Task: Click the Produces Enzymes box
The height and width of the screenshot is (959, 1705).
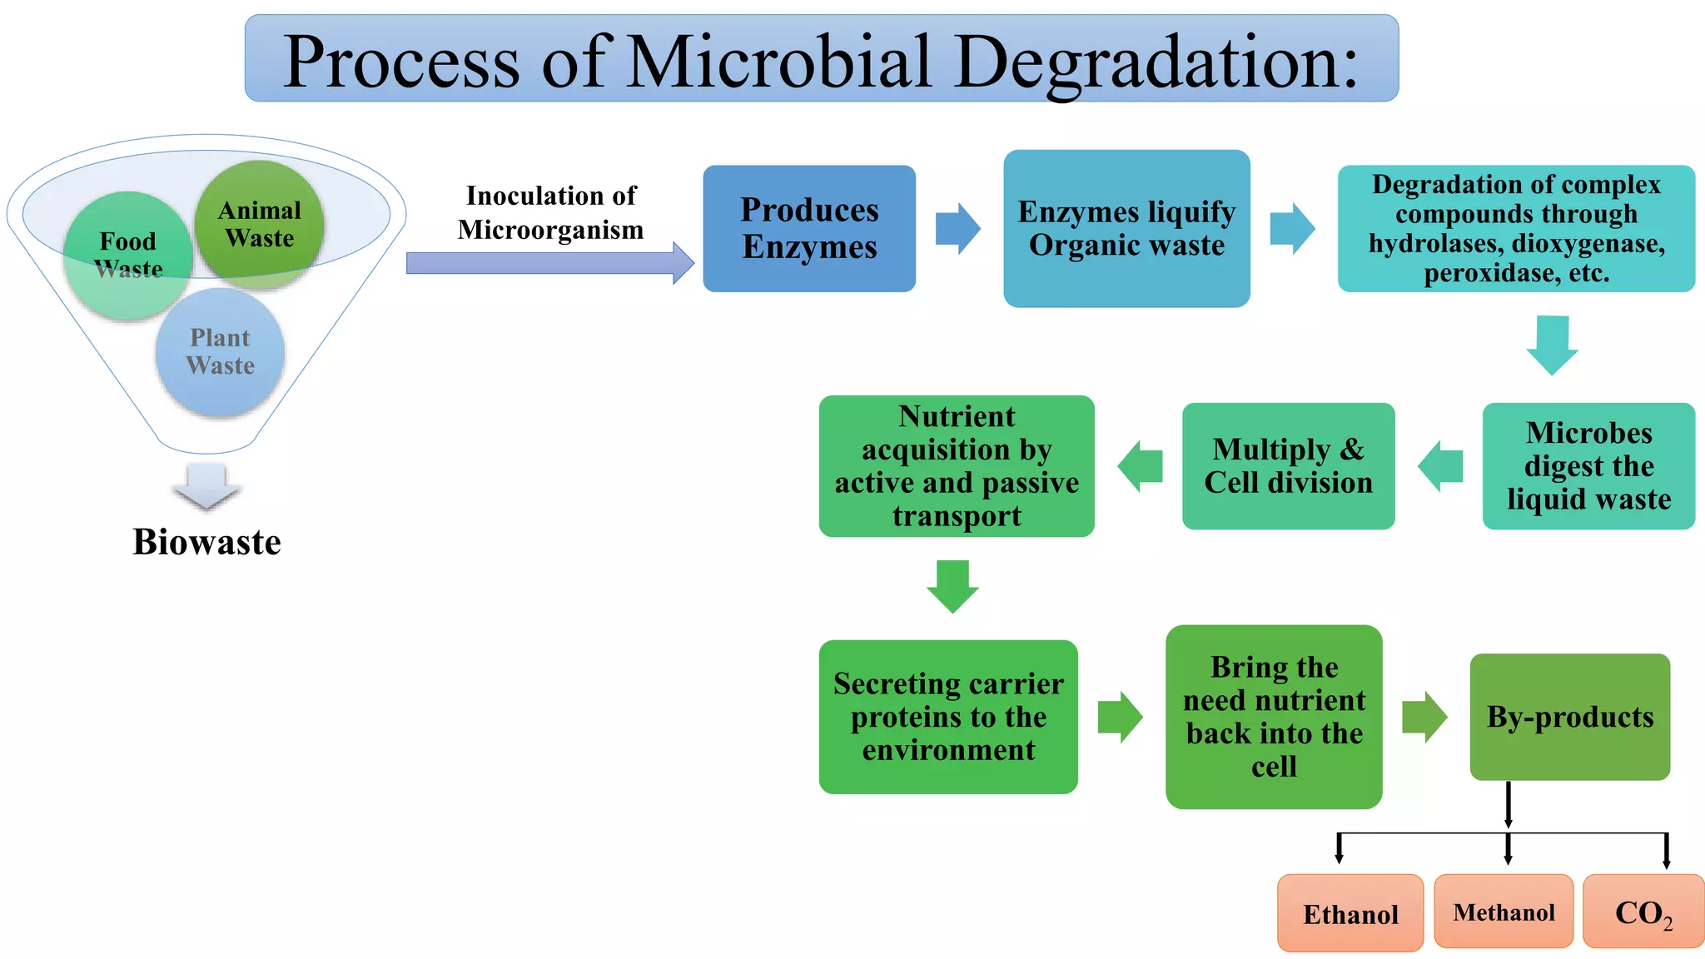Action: (x=809, y=228)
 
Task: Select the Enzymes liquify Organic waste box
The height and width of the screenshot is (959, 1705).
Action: (x=1126, y=228)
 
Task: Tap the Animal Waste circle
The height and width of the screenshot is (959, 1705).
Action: (x=259, y=223)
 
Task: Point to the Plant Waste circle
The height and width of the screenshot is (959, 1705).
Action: (x=220, y=352)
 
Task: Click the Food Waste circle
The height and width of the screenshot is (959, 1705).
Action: (x=127, y=255)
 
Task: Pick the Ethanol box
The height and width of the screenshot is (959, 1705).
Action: (x=1350, y=913)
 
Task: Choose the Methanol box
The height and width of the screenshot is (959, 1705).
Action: (x=1504, y=912)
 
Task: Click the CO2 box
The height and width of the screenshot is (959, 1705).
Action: (x=1643, y=912)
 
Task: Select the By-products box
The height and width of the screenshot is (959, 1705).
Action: (x=1569, y=716)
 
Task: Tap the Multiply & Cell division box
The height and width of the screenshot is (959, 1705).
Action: (x=1288, y=466)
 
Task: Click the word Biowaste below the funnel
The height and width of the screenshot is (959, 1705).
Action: (x=206, y=542)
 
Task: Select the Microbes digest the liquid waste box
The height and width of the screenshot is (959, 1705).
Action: (x=1588, y=466)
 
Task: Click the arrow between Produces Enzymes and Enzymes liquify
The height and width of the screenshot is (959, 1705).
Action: (x=957, y=228)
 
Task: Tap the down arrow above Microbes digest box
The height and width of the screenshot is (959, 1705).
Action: (x=1552, y=344)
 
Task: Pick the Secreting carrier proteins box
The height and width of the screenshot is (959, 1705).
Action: (x=948, y=717)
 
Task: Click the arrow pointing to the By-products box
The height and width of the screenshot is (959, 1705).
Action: (x=1424, y=717)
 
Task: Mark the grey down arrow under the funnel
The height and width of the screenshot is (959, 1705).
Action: (x=206, y=486)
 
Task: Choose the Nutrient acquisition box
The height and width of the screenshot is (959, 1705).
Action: (x=957, y=466)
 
